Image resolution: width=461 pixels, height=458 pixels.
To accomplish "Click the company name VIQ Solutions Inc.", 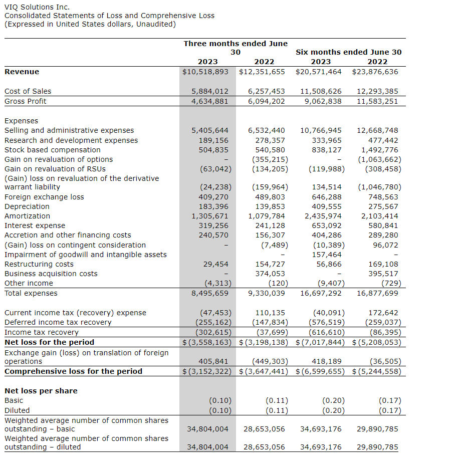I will (37, 7).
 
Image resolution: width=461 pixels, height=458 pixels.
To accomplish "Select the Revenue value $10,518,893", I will (205, 72).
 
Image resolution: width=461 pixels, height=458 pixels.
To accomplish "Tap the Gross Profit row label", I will (25, 101).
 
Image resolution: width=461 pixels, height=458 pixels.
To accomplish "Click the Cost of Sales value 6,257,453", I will (267, 91).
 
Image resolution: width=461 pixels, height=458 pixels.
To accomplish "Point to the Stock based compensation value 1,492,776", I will (380, 150).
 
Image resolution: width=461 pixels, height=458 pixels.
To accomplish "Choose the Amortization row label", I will (27, 216).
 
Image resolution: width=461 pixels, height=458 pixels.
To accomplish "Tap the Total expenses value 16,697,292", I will (321, 293).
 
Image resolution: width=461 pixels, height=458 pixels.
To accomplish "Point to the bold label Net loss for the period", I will (49, 342).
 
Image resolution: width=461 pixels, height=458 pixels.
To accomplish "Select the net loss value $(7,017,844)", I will (319, 342).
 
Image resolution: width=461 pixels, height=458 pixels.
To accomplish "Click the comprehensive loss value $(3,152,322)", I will (205, 371).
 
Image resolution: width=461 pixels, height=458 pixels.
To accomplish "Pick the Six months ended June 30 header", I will (349, 52).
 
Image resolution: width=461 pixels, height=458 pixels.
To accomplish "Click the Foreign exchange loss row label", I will (44, 197).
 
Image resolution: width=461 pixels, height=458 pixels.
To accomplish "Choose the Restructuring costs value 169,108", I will (383, 264).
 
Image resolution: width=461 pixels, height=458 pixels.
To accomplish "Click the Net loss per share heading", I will (41, 391).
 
